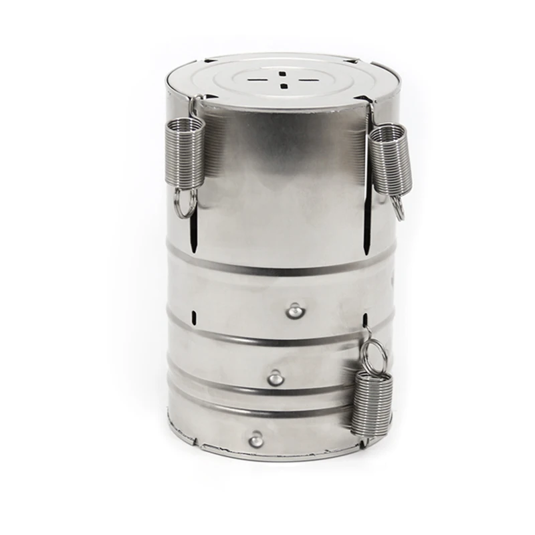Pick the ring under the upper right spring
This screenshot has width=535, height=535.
click(397, 208)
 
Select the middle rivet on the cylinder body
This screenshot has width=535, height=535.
click(276, 379)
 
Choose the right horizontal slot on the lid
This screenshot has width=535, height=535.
click(308, 80)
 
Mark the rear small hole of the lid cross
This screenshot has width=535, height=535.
click(283, 72)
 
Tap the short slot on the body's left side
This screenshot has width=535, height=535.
click(193, 316)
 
